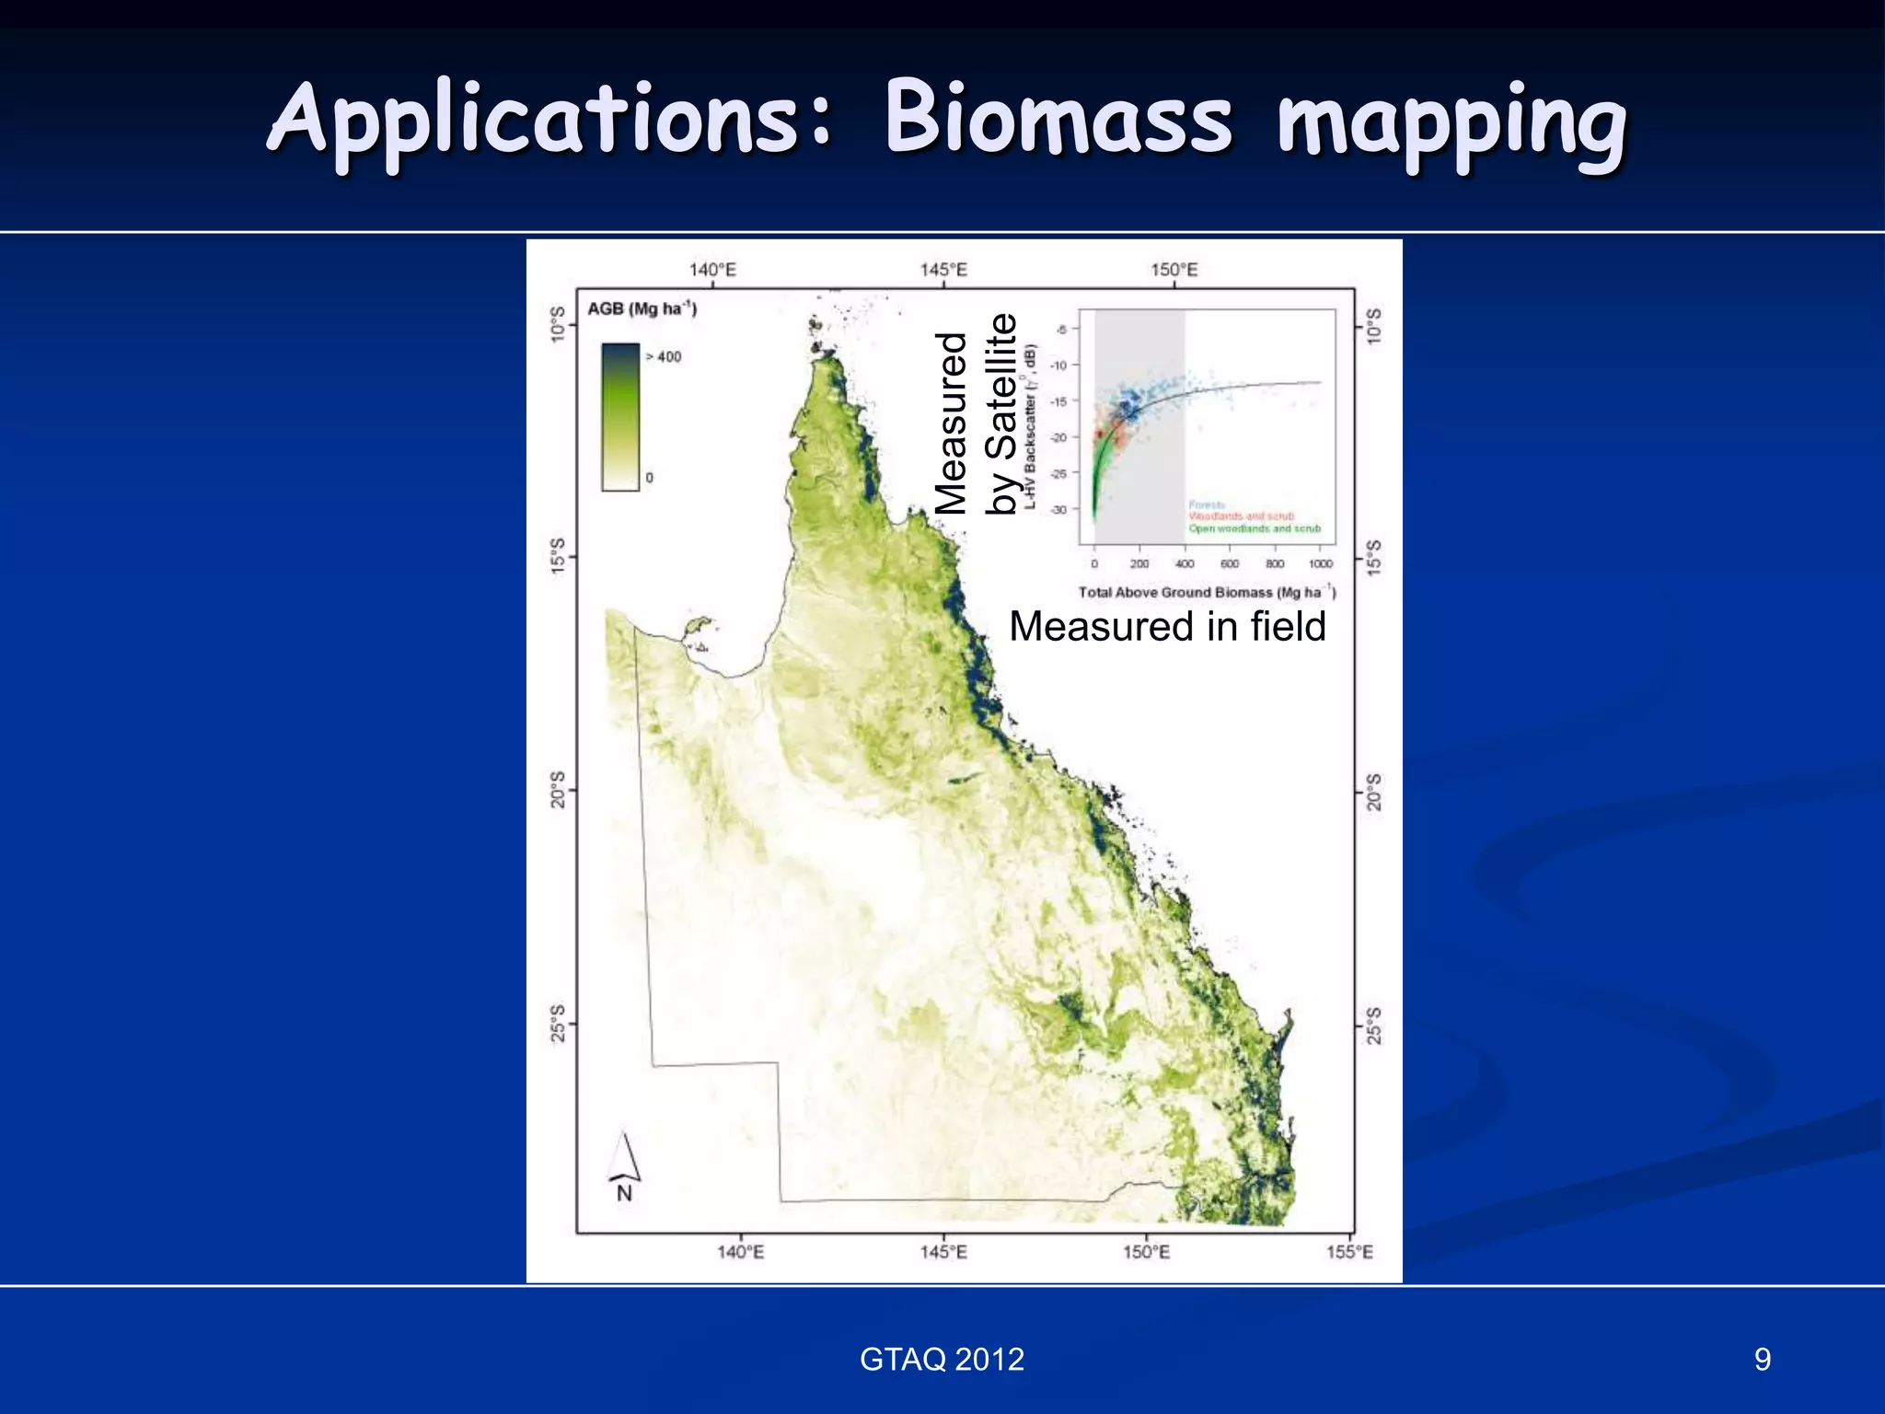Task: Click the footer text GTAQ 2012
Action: (942, 1360)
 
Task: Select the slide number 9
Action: (1762, 1360)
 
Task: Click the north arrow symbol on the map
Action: (625, 1162)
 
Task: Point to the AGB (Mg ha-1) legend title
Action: (642, 308)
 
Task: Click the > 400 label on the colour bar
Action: (664, 357)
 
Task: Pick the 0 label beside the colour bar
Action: (649, 478)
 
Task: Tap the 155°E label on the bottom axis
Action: (1349, 1252)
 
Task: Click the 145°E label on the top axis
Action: (943, 270)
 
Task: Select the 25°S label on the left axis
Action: (558, 1024)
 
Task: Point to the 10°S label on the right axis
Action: (1374, 326)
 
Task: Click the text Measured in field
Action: (1167, 627)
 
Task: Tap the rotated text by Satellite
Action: (1001, 414)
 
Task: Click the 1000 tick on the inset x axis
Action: (1320, 564)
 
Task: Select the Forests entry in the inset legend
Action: (1207, 505)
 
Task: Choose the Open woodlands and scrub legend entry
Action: (1254, 528)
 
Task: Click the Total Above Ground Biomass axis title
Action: (1206, 592)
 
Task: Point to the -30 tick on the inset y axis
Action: (1059, 509)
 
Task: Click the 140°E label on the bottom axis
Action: (740, 1252)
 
